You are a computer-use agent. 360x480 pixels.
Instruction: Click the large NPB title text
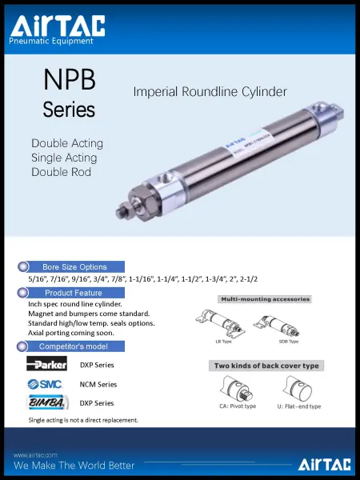[x=69, y=80]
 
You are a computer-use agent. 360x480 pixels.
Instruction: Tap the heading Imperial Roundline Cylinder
[x=210, y=92]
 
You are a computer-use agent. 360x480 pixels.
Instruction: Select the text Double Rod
[x=60, y=172]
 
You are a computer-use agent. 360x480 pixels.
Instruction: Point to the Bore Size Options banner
[x=73, y=266]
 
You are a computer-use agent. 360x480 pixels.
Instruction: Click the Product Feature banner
[x=73, y=293]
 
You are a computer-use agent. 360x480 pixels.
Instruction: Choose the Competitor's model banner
[x=73, y=346]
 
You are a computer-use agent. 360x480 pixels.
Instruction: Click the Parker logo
[x=46, y=365]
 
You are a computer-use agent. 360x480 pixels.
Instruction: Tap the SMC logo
[x=46, y=384]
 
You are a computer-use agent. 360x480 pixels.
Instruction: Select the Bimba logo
[x=46, y=402]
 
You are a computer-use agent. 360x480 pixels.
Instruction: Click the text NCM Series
[x=98, y=384]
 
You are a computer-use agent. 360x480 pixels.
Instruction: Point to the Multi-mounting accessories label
[x=264, y=299]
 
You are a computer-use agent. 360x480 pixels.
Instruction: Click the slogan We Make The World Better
[x=74, y=465]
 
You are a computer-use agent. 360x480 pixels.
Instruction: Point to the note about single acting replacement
[x=83, y=419]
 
